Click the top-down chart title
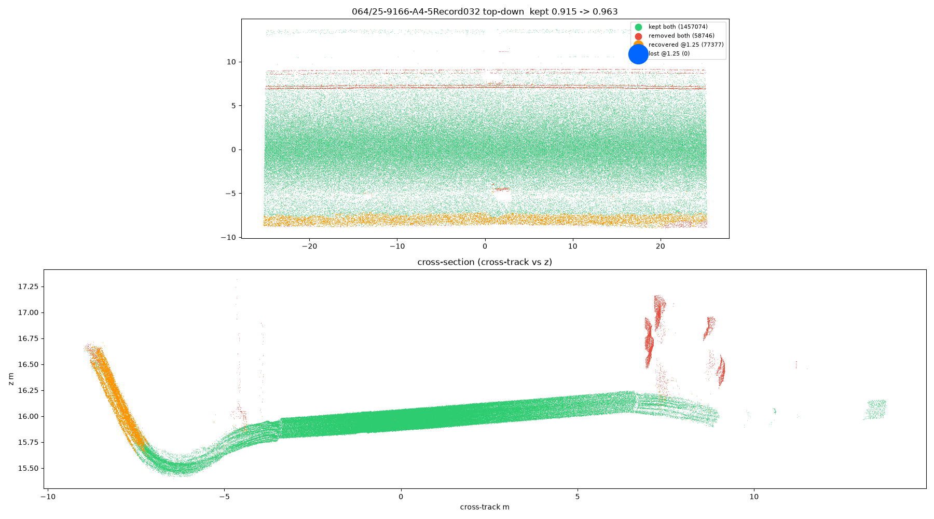pyautogui.click(x=485, y=11)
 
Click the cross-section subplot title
pyautogui.click(x=485, y=262)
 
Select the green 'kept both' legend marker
pyautogui.click(x=638, y=27)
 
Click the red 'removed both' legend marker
pyautogui.click(x=638, y=36)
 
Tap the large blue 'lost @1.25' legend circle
pyautogui.click(x=638, y=54)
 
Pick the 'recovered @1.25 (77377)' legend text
pyautogui.click(x=686, y=45)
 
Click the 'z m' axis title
pyautogui.click(x=11, y=379)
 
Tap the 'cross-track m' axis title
pyautogui.click(x=485, y=507)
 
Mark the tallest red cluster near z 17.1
pyautogui.click(x=659, y=311)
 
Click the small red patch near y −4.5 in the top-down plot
pyautogui.click(x=502, y=189)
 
